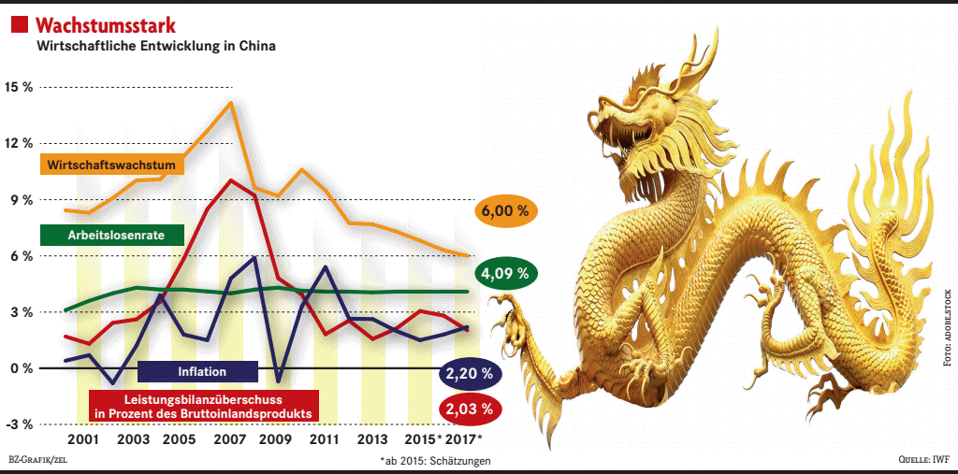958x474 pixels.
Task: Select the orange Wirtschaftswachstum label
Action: pos(113,165)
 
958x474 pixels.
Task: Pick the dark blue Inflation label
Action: pos(196,371)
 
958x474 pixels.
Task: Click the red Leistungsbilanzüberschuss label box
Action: pos(203,404)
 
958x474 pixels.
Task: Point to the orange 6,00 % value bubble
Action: pos(505,211)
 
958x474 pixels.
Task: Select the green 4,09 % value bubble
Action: pos(505,275)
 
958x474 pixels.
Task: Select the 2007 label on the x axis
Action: pos(229,439)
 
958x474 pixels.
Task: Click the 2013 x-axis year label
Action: pos(371,439)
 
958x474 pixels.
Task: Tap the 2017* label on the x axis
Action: pos(464,439)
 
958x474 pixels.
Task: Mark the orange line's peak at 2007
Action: pos(230,103)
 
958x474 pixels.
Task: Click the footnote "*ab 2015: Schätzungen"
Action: pos(435,461)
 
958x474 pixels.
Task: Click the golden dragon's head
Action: pos(646,103)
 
